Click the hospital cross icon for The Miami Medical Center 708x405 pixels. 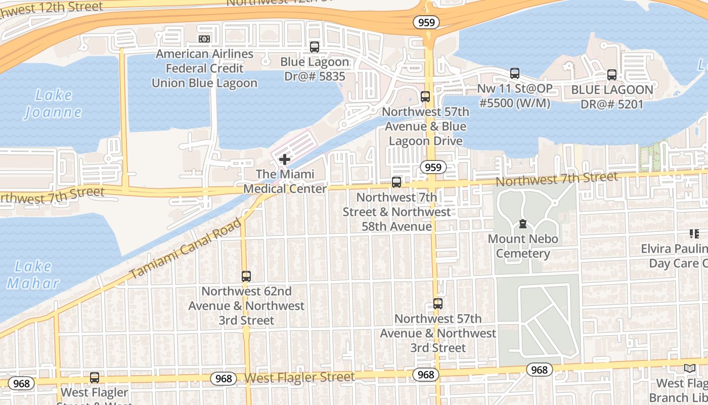[x=285, y=159]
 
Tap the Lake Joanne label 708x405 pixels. [x=54, y=103]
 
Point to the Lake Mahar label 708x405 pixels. [x=33, y=274]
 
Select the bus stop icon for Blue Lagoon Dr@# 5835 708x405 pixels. [x=315, y=47]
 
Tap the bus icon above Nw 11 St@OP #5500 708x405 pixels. [x=515, y=73]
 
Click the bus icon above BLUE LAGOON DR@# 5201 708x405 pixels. [x=612, y=75]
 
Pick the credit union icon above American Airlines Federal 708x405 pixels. [x=204, y=39]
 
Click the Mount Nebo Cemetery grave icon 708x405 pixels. [x=523, y=224]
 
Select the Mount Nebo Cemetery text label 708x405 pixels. [x=523, y=246]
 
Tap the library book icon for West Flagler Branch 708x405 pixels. [x=689, y=369]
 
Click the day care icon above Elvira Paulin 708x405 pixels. [x=694, y=234]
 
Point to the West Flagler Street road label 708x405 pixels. [x=299, y=378]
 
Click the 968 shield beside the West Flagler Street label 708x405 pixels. [x=224, y=379]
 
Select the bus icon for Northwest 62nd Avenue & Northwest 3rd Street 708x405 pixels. [x=246, y=276]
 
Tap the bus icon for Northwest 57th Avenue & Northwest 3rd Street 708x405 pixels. [x=438, y=304]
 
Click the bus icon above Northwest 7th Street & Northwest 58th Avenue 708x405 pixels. [x=397, y=182]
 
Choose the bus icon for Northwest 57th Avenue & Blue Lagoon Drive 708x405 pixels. [x=425, y=97]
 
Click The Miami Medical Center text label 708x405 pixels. [x=285, y=181]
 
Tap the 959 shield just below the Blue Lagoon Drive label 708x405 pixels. [x=433, y=167]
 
